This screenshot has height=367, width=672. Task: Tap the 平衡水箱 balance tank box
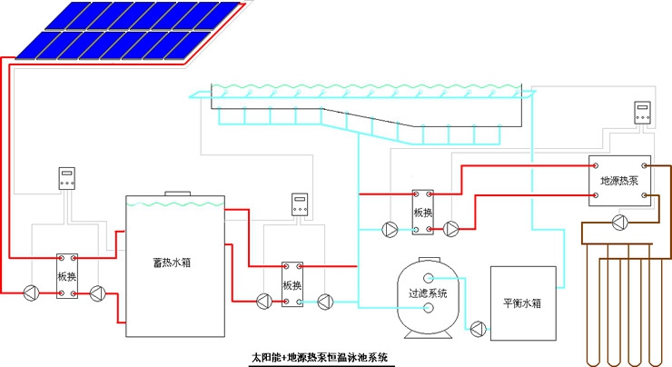521,303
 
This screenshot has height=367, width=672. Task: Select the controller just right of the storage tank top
300,204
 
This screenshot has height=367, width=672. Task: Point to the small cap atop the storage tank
175,193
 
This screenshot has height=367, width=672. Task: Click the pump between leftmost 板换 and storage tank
97,293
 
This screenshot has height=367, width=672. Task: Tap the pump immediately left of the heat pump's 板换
390,230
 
